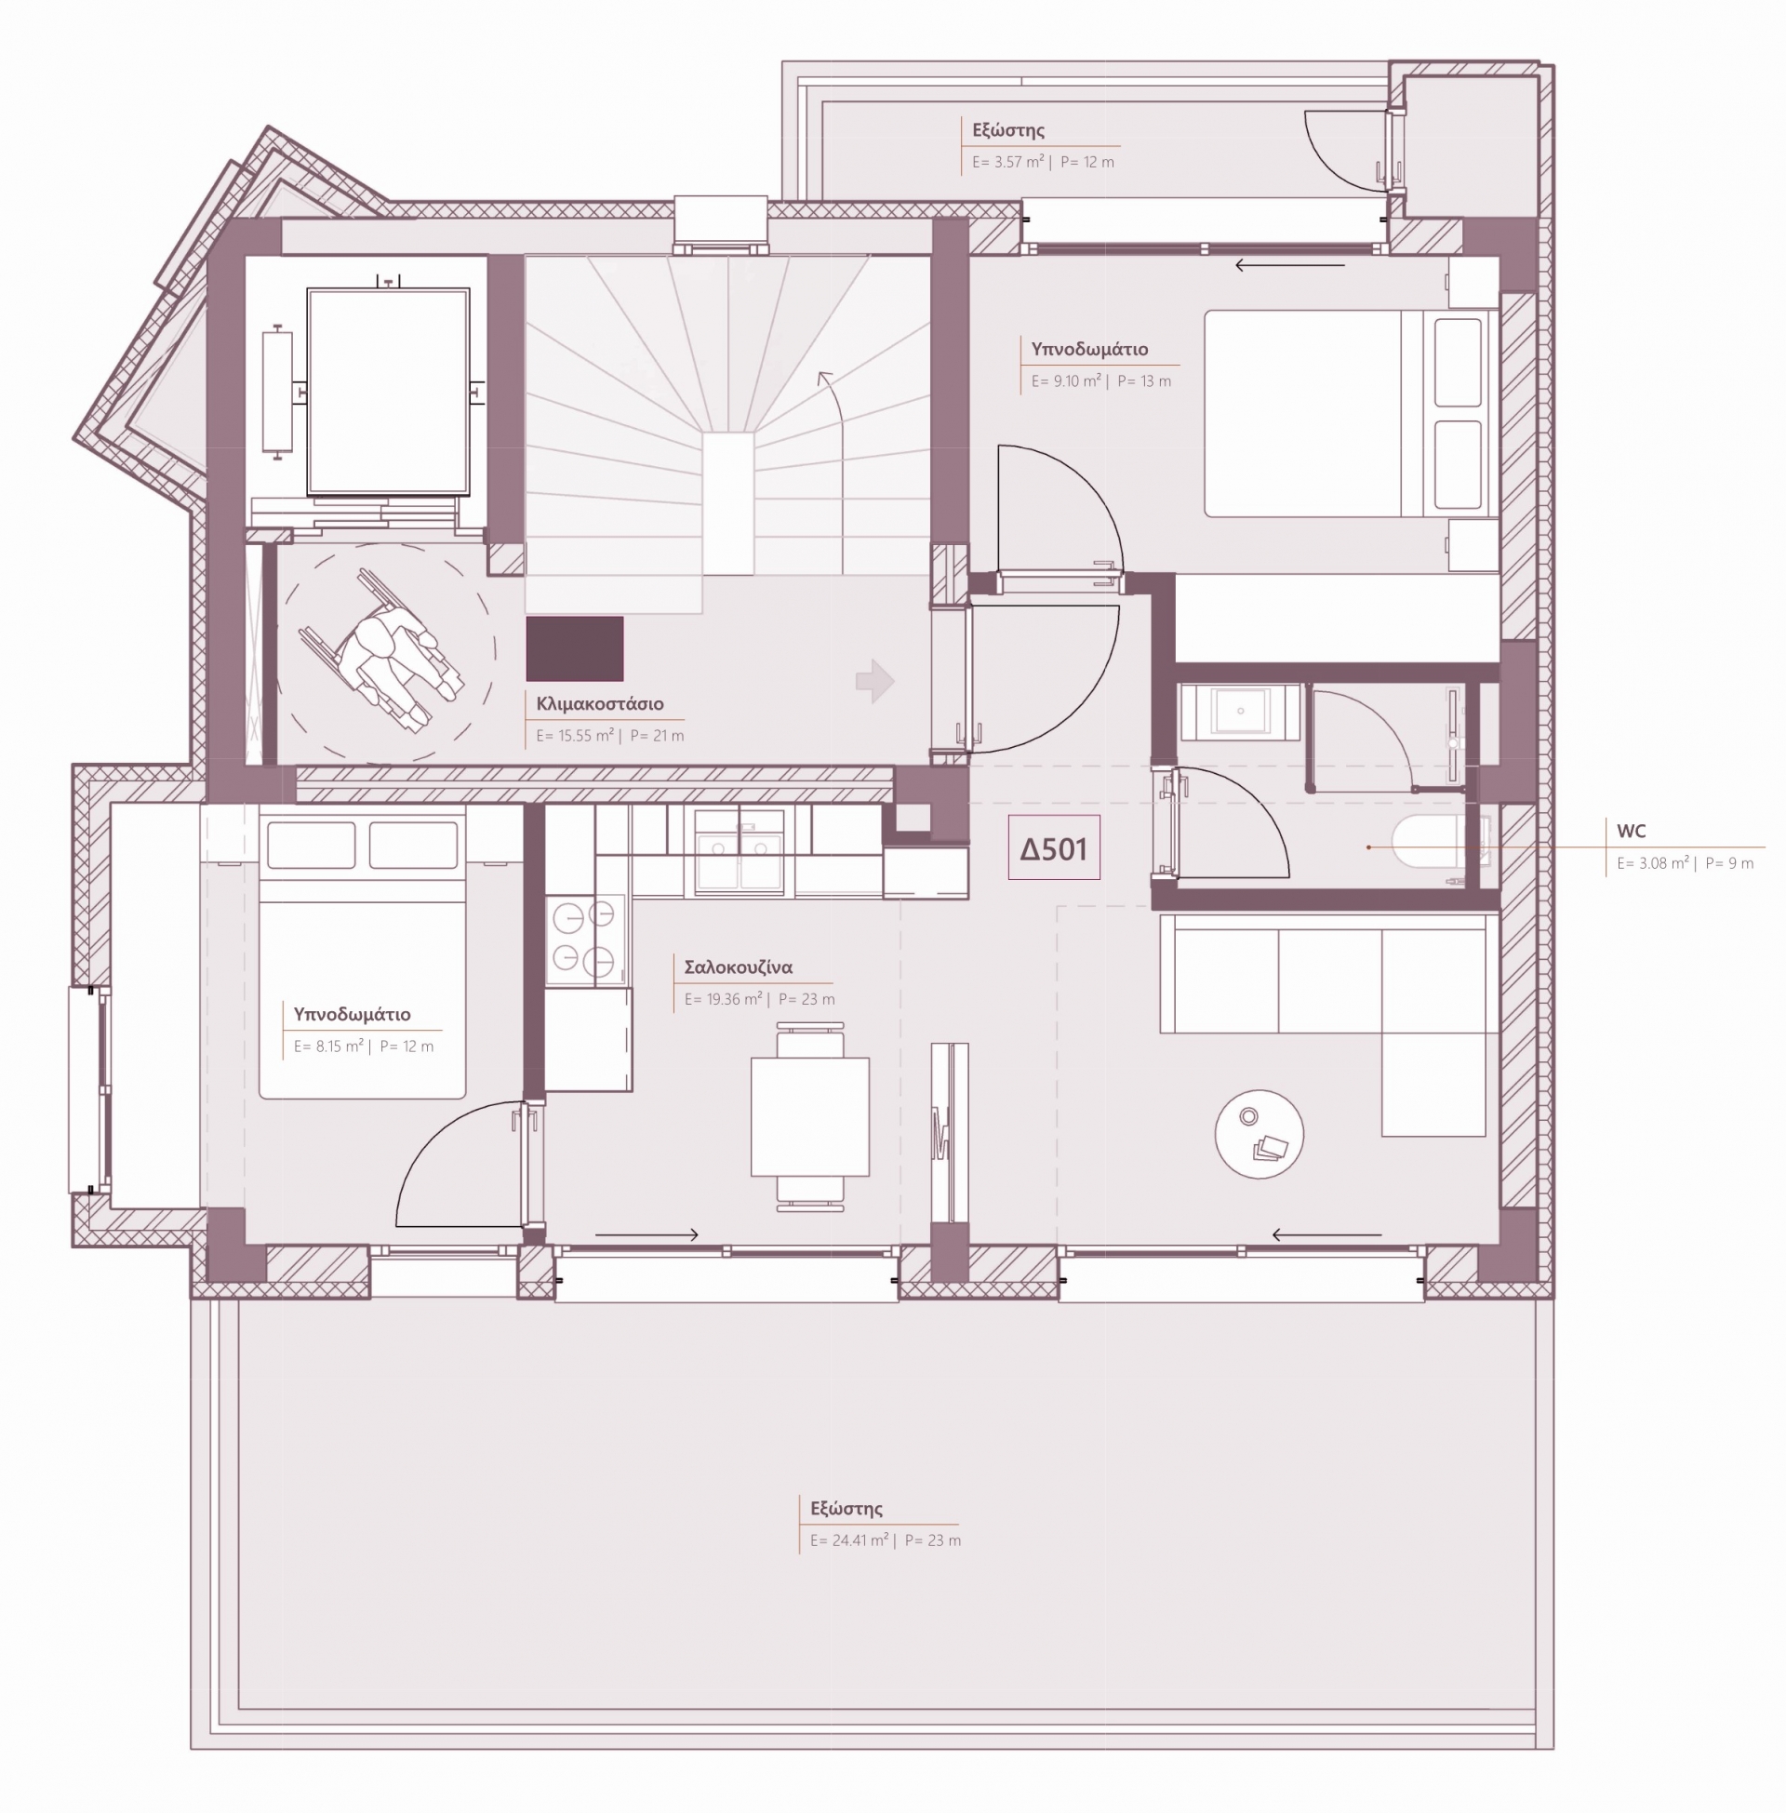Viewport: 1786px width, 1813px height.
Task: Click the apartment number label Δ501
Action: coord(1053,848)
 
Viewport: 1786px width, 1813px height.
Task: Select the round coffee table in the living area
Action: coord(1259,1133)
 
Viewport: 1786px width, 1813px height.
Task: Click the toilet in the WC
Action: coord(1426,843)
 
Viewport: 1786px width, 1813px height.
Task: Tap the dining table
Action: coord(810,1116)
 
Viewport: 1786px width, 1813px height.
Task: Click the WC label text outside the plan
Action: coord(1632,831)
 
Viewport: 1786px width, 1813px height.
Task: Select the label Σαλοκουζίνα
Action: coord(739,967)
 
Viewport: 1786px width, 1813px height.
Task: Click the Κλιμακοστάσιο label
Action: coord(599,703)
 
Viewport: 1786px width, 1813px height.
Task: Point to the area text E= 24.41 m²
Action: coord(849,1540)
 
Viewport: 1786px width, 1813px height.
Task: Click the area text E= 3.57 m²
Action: coord(1007,161)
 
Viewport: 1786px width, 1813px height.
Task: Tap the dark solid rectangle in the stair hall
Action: coord(574,648)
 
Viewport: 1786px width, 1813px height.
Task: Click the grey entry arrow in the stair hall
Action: coord(875,681)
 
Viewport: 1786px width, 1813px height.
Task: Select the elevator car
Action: coord(388,391)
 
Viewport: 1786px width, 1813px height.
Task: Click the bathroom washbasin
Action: coord(1240,711)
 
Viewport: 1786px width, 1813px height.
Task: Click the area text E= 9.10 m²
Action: coord(1067,380)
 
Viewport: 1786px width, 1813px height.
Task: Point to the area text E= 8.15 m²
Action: coord(328,1046)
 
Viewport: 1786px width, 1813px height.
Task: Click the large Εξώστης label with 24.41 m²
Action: coord(846,1509)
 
